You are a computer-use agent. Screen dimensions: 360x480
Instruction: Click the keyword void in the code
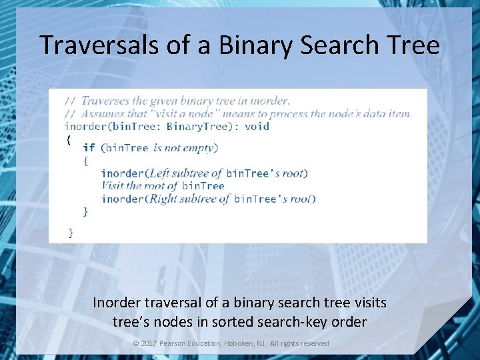click(x=257, y=126)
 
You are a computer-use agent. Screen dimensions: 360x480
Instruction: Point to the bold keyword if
click(x=89, y=147)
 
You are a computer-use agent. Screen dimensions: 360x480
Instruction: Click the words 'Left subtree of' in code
click(x=185, y=173)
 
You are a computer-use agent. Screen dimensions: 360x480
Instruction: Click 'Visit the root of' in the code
click(x=139, y=186)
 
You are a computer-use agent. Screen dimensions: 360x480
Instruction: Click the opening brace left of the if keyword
click(x=68, y=139)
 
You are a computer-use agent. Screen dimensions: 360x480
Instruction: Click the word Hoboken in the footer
click(x=249, y=343)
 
